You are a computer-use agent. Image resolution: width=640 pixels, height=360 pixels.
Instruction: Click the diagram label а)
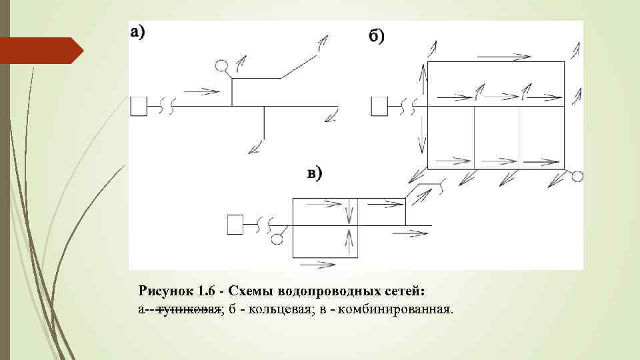(138, 31)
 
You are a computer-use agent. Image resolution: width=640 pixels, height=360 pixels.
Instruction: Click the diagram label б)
(377, 36)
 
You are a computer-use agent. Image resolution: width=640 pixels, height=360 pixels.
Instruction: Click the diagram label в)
(314, 173)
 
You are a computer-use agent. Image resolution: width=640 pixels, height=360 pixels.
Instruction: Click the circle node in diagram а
(222, 65)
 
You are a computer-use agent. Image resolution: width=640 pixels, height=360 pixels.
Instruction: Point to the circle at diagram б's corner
(577, 176)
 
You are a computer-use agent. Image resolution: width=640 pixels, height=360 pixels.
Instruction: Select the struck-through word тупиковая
(189, 309)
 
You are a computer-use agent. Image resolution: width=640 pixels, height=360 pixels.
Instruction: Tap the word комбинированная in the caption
(395, 309)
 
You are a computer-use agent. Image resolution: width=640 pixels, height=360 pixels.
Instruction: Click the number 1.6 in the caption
(210, 291)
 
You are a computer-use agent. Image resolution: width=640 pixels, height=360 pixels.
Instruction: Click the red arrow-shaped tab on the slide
(40, 51)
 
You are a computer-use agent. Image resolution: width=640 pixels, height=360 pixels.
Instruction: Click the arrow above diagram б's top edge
(513, 56)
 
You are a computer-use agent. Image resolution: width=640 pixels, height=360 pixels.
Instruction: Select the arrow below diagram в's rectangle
(317, 265)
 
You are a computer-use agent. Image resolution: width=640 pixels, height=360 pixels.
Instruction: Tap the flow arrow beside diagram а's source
(201, 91)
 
